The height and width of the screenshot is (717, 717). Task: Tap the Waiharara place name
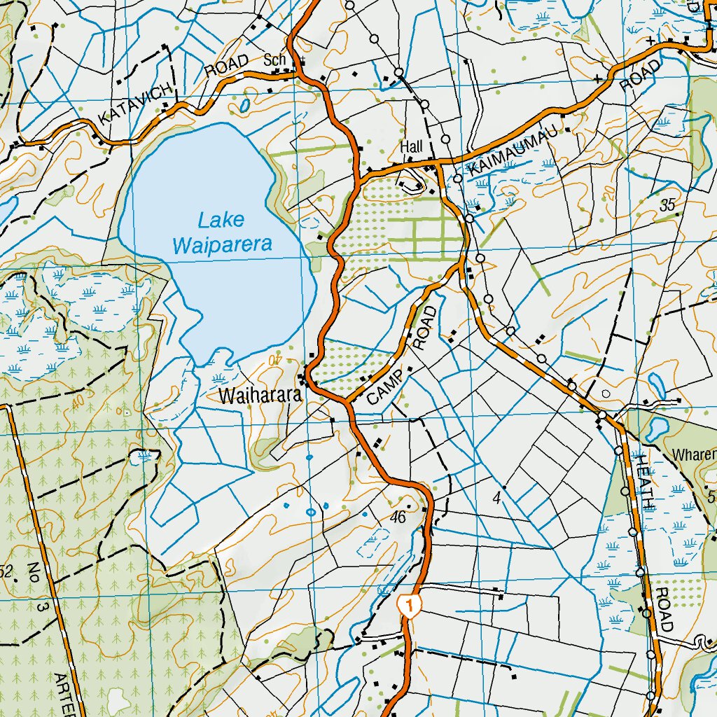pyautogui.click(x=260, y=396)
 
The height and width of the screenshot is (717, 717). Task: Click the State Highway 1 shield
pyautogui.click(x=409, y=605)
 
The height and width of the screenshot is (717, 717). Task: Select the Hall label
pyautogui.click(x=412, y=147)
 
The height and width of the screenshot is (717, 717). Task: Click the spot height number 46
pyautogui.click(x=398, y=517)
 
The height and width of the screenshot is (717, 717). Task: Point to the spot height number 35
pyautogui.click(x=667, y=205)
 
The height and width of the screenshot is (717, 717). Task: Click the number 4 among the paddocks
pyautogui.click(x=496, y=499)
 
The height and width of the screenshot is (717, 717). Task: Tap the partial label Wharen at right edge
pyautogui.click(x=694, y=455)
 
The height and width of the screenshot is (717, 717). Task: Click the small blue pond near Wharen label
pyautogui.click(x=658, y=428)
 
